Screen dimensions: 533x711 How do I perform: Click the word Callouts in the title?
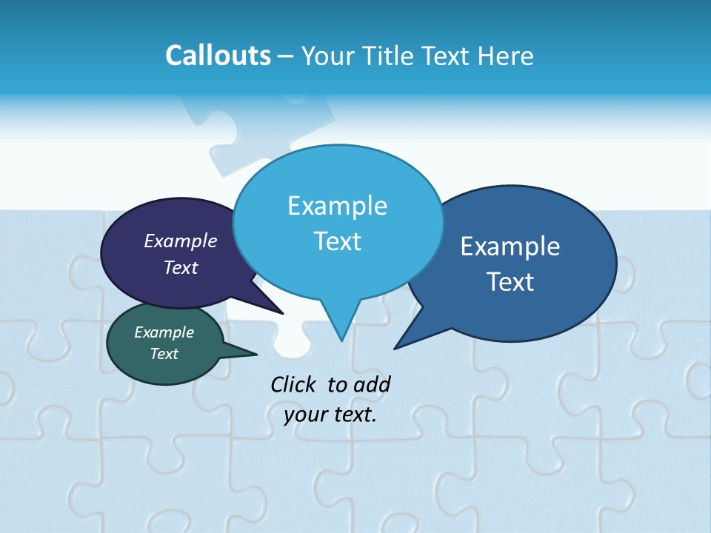[218, 56]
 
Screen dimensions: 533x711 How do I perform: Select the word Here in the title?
[506, 56]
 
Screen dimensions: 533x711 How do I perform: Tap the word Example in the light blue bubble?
[337, 206]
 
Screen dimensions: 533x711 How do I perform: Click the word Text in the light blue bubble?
[337, 241]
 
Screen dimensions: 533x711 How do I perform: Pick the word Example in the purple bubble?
[181, 241]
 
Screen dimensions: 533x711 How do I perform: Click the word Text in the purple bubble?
[181, 267]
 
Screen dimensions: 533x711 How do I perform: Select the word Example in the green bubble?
[164, 332]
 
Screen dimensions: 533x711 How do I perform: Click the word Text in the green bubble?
[164, 354]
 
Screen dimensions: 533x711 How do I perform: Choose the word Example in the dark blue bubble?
[510, 247]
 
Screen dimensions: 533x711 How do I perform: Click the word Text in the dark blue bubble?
[510, 282]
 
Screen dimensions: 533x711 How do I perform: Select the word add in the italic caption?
[372, 384]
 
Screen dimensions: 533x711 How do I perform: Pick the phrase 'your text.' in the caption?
[330, 415]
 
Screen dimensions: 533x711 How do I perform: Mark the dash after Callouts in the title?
[286, 56]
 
